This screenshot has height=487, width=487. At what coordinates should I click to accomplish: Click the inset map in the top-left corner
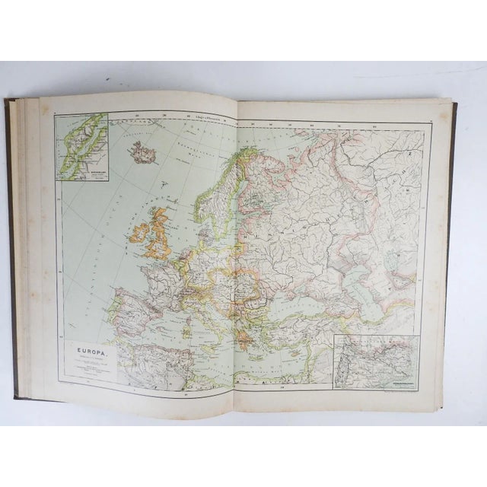tap(81, 145)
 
